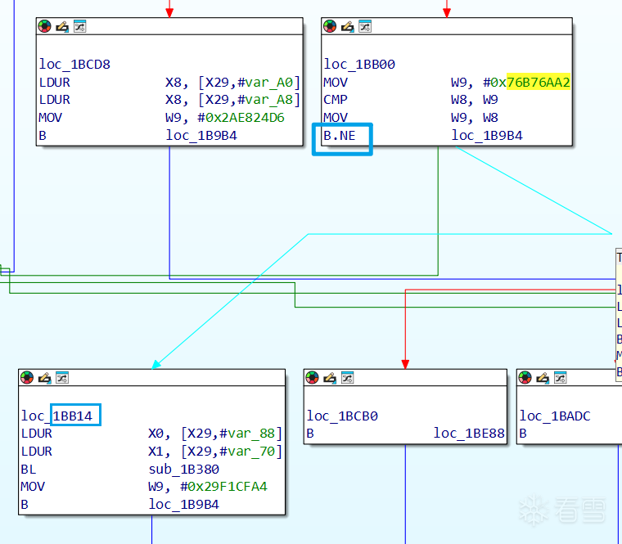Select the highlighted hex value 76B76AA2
pyautogui.click(x=539, y=82)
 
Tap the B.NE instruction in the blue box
pyautogui.click(x=340, y=136)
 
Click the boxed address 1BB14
pyautogui.click(x=75, y=416)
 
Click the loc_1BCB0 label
pyautogui.click(x=342, y=416)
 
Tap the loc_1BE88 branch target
pyautogui.click(x=469, y=434)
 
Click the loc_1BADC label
pyautogui.click(x=555, y=416)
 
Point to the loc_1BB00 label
pyautogui.click(x=359, y=64)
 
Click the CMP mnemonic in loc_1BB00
pyautogui.click(x=336, y=100)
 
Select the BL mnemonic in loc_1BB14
pyautogui.click(x=29, y=469)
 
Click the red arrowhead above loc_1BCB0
pyautogui.click(x=405, y=363)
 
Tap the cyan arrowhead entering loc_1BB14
pyautogui.click(x=155, y=364)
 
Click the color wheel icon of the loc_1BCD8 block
pyautogui.click(x=44, y=26)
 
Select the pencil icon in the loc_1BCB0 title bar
pyautogui.click(x=330, y=377)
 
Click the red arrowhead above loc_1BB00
pyautogui.click(x=446, y=12)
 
